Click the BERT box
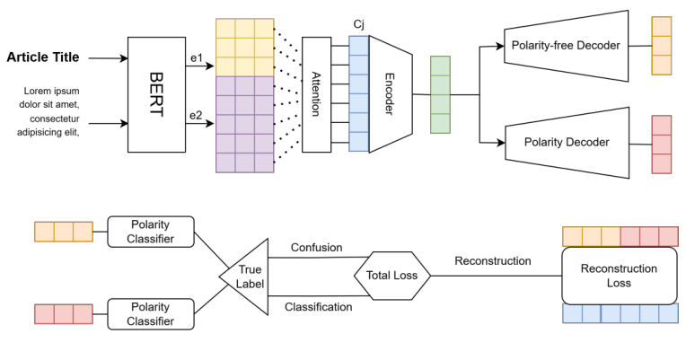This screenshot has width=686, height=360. [156, 94]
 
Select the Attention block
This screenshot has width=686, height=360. [316, 94]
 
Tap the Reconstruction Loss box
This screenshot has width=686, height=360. [619, 276]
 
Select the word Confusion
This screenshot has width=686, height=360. [315, 247]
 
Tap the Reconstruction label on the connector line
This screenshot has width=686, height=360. [493, 261]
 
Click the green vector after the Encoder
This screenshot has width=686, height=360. [440, 94]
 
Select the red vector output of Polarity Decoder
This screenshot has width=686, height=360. [661, 144]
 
